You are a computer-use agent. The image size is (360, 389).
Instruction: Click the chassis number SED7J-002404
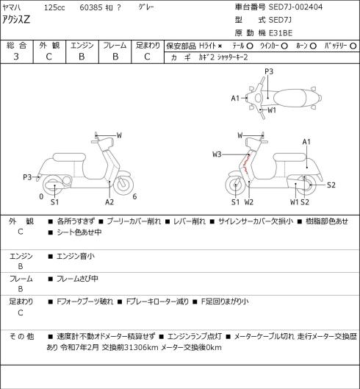tap(295, 7)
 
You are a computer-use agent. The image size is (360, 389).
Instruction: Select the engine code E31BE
tap(281, 33)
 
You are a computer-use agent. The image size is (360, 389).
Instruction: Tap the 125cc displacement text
tap(54, 7)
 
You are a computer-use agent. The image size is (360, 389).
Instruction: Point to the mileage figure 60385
tap(91, 7)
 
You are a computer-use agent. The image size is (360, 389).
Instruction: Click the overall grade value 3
tap(16, 57)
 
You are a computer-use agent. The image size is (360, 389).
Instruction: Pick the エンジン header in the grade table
tap(82, 46)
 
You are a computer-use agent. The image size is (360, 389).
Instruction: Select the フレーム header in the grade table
tap(115, 46)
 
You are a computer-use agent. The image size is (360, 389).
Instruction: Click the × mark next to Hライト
tap(220, 46)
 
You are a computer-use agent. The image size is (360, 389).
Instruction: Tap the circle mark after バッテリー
tap(353, 46)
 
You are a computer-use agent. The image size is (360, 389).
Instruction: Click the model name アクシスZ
tap(16, 20)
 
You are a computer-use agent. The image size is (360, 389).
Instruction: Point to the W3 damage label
tap(217, 154)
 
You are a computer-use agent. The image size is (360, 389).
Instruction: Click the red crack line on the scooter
tap(245, 163)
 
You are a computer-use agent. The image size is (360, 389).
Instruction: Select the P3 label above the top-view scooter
tap(269, 71)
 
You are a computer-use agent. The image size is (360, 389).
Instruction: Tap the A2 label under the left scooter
tap(109, 202)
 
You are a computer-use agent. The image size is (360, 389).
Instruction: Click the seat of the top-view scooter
tap(289, 98)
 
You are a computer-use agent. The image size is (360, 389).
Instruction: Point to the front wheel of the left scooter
tap(123, 185)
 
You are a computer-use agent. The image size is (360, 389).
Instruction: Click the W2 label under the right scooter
tap(248, 202)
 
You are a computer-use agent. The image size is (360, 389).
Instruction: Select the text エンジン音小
tap(76, 256)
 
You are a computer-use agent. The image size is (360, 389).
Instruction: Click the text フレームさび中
tap(77, 279)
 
